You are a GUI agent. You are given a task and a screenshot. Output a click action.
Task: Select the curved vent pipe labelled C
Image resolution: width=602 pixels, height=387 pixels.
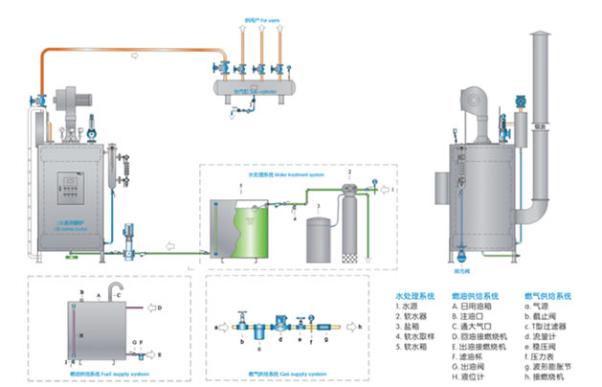point(115,289)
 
